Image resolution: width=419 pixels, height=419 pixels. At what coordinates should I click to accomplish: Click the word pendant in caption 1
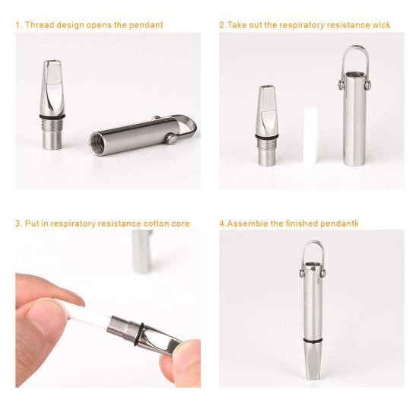pyautogui.click(x=147, y=25)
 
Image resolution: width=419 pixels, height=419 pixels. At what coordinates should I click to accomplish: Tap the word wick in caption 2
pyautogui.click(x=380, y=25)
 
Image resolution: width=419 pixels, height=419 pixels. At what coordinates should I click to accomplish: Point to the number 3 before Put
pyautogui.click(x=17, y=224)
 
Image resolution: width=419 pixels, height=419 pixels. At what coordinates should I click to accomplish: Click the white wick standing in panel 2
pyautogui.click(x=309, y=136)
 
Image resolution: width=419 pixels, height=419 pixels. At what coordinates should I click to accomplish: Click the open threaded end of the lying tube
pyautogui.click(x=100, y=141)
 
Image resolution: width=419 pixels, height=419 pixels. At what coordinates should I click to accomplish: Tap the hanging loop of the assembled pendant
pyautogui.click(x=313, y=255)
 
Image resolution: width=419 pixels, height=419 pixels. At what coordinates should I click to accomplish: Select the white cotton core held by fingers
pyautogui.click(x=91, y=320)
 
